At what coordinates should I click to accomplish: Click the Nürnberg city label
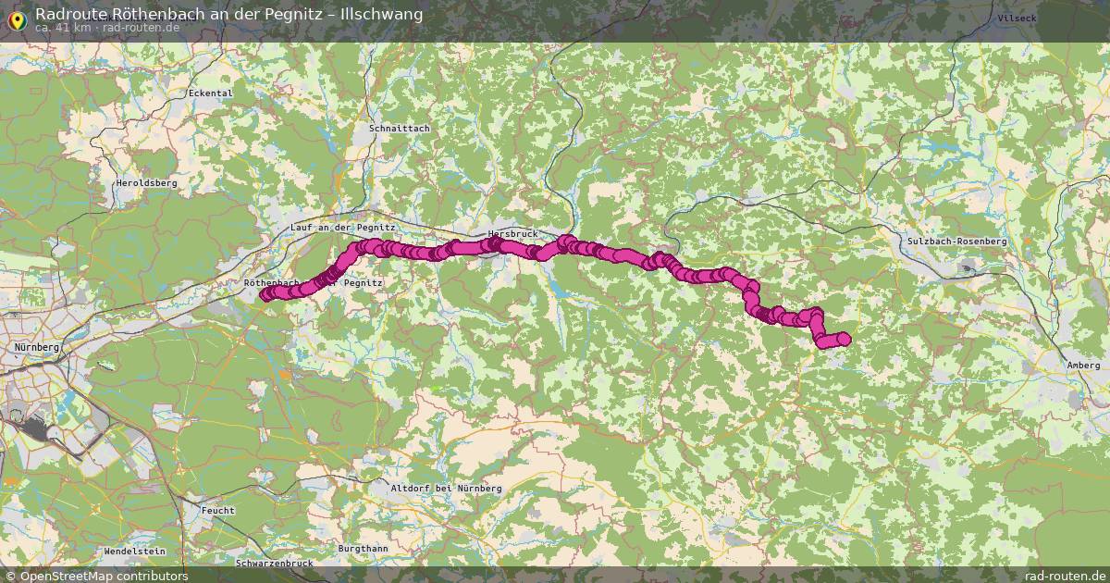coord(37,347)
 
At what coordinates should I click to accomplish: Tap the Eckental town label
coord(210,93)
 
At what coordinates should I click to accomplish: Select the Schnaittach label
coord(399,129)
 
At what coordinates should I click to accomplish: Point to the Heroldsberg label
coord(146,183)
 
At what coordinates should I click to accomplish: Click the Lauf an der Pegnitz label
coord(342,227)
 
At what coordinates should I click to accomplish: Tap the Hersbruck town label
coord(512,234)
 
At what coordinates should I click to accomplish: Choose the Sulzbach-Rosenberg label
coord(956,241)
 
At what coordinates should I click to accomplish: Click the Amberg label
coord(1082,366)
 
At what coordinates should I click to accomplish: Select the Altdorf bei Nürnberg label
coord(446,488)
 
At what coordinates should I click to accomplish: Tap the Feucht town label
coord(218,510)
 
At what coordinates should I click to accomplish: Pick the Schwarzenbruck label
coord(275,563)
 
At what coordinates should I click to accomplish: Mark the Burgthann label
coord(364,549)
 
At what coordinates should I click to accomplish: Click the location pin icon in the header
coord(16,17)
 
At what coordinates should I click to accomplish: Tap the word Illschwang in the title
coord(380,14)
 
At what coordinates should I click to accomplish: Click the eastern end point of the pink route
coord(843,339)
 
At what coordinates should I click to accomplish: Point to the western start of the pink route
coord(266,295)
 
